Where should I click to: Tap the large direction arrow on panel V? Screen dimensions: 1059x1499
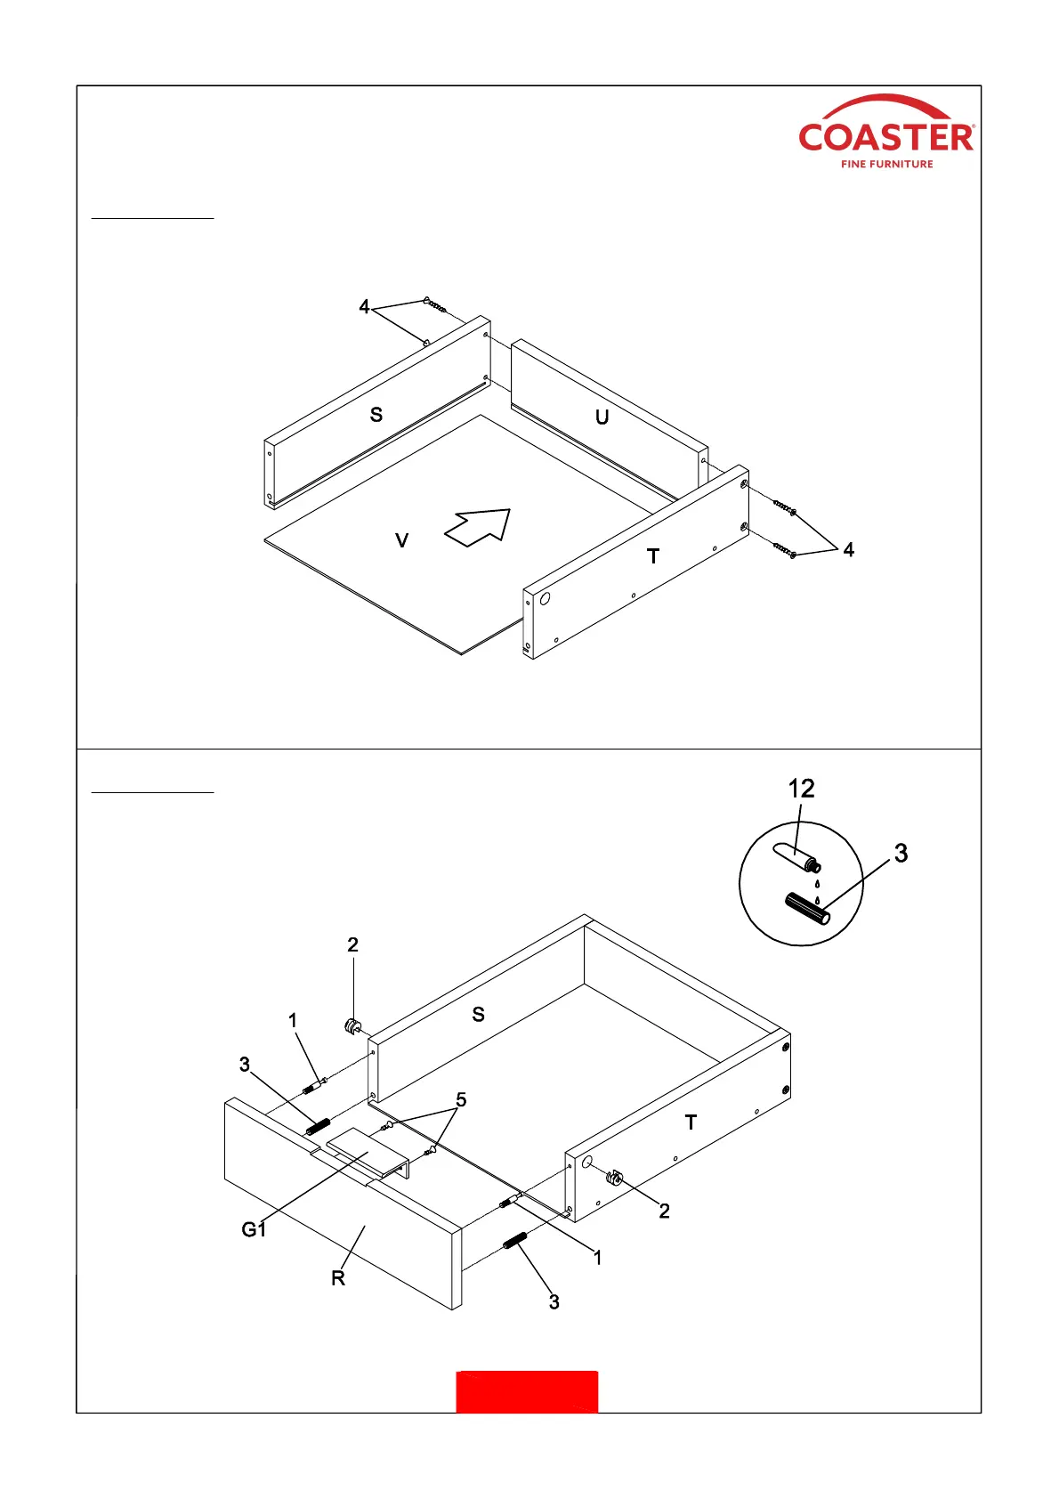pyautogui.click(x=479, y=527)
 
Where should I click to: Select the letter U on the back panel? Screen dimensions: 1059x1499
pyautogui.click(x=602, y=417)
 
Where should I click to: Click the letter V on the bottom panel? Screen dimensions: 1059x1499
pyautogui.click(x=401, y=540)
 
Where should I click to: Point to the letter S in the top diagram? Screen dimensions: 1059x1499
pyautogui.click(x=376, y=415)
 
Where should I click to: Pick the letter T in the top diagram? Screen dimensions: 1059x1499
pyautogui.click(x=653, y=556)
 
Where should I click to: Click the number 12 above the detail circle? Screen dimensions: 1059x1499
pyautogui.click(x=801, y=789)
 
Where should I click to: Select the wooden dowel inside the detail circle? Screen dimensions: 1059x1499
pyautogui.click(x=808, y=910)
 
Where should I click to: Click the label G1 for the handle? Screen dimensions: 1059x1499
pyautogui.click(x=254, y=1229)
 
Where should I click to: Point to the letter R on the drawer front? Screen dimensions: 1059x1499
pyautogui.click(x=338, y=1278)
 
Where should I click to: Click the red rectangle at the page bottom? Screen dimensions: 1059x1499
pyautogui.click(x=527, y=1391)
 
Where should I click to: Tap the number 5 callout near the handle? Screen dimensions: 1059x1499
pyautogui.click(x=461, y=1100)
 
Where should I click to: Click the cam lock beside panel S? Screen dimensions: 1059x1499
pyautogui.click(x=352, y=1025)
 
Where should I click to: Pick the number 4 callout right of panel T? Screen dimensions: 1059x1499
pyautogui.click(x=848, y=550)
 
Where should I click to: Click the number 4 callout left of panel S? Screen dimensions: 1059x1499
pyautogui.click(x=364, y=307)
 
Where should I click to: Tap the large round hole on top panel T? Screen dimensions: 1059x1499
pyautogui.click(x=546, y=598)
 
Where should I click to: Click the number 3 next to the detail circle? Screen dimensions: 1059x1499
pyautogui.click(x=901, y=854)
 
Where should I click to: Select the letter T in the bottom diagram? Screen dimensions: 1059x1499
pyautogui.click(x=691, y=1122)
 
